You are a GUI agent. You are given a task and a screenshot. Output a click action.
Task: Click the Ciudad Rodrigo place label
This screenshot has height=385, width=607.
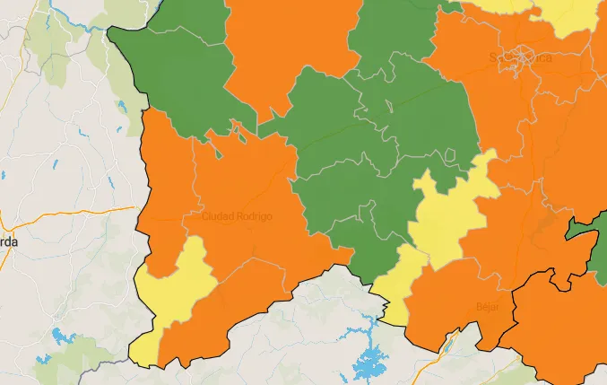coord(237,216)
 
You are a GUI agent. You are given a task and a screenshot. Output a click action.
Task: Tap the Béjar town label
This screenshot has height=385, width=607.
coord(488,307)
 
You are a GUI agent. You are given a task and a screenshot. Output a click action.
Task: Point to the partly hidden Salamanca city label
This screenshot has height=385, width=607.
coord(516,57)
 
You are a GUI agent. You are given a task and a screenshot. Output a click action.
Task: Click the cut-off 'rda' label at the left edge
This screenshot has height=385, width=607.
coord(9,241)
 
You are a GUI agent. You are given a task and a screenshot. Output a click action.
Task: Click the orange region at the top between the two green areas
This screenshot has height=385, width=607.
coord(287,45)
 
